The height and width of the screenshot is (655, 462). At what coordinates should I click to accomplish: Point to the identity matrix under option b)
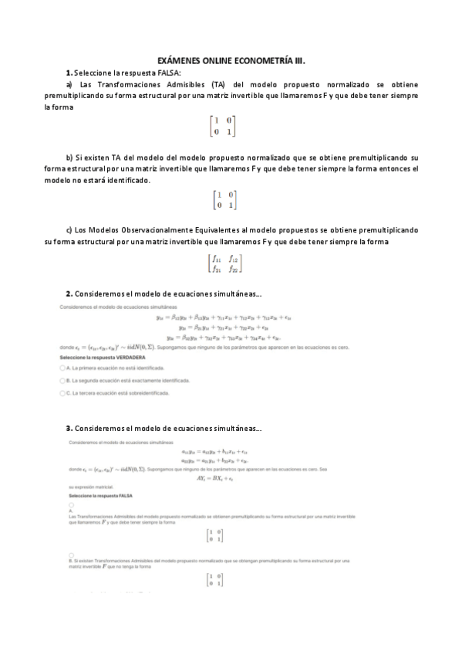225,200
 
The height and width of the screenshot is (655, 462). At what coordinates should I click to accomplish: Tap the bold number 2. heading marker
69,294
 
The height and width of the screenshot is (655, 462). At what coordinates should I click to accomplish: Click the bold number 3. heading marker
69,428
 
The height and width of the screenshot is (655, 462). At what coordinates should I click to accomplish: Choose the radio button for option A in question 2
62,370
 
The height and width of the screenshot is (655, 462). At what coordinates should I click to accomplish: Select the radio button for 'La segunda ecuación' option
62,381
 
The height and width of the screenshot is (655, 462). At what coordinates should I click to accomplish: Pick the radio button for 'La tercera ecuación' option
62,393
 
